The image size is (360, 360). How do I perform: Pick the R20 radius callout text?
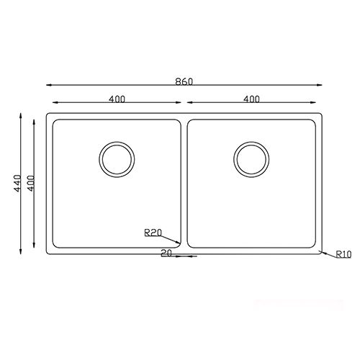pos(152,232)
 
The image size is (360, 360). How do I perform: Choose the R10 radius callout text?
pos(343,253)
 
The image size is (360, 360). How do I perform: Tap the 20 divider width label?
pos(166,253)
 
